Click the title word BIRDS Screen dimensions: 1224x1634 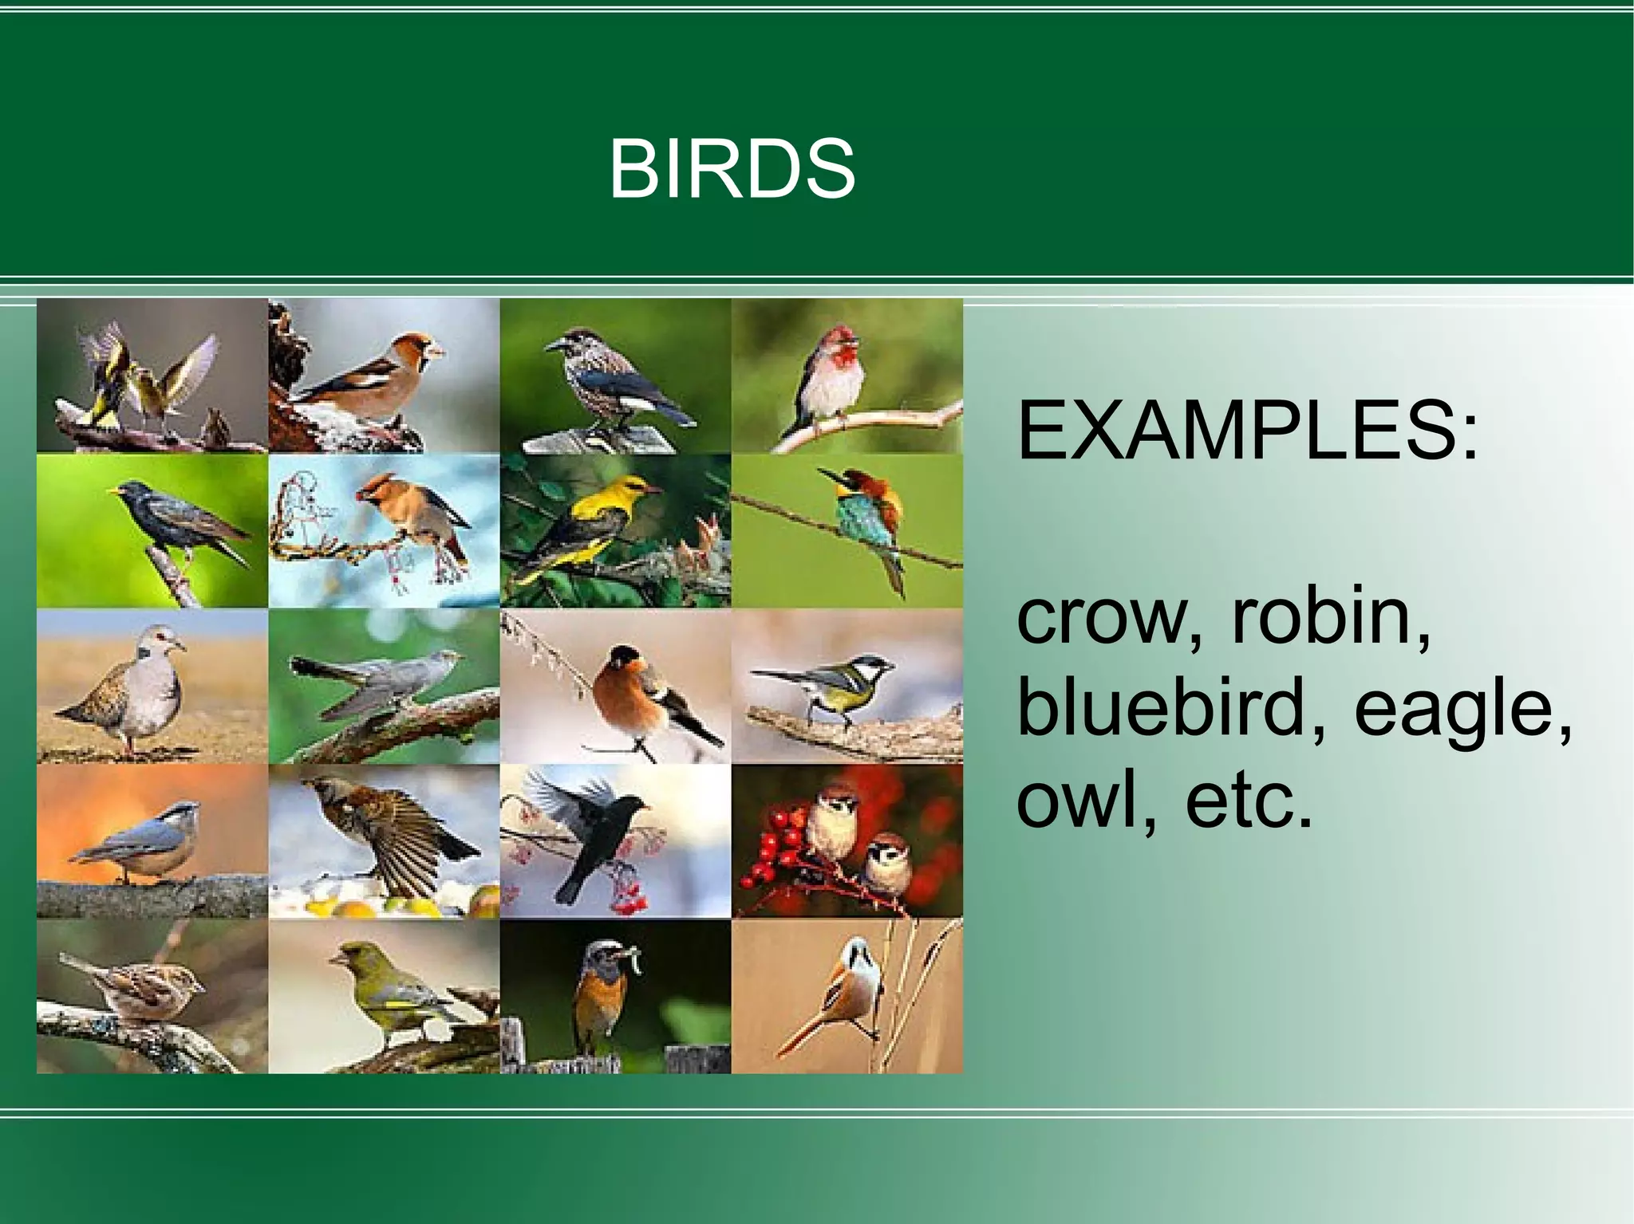tap(732, 169)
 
